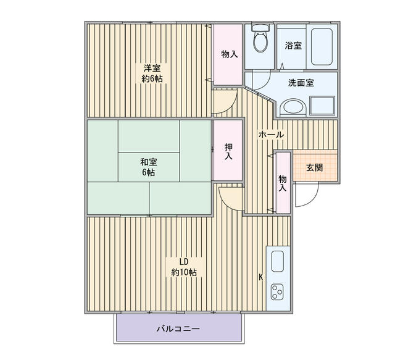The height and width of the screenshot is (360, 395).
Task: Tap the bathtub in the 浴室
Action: (x=323, y=46)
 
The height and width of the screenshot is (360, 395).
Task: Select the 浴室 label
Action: (x=293, y=46)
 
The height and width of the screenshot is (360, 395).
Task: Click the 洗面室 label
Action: (x=301, y=83)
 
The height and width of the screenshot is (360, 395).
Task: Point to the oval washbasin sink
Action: (x=293, y=107)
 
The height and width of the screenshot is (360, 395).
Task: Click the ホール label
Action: (x=270, y=135)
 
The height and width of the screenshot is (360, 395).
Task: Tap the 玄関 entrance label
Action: (x=314, y=167)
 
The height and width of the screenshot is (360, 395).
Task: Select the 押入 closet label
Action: (x=228, y=151)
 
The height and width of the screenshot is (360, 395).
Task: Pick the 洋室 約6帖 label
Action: (x=152, y=73)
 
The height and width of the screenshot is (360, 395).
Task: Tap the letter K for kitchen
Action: (x=260, y=277)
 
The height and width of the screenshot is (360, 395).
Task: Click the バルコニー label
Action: (x=177, y=329)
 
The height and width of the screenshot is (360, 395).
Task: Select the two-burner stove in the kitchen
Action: (x=276, y=292)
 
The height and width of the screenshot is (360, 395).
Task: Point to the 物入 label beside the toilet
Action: (x=230, y=54)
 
